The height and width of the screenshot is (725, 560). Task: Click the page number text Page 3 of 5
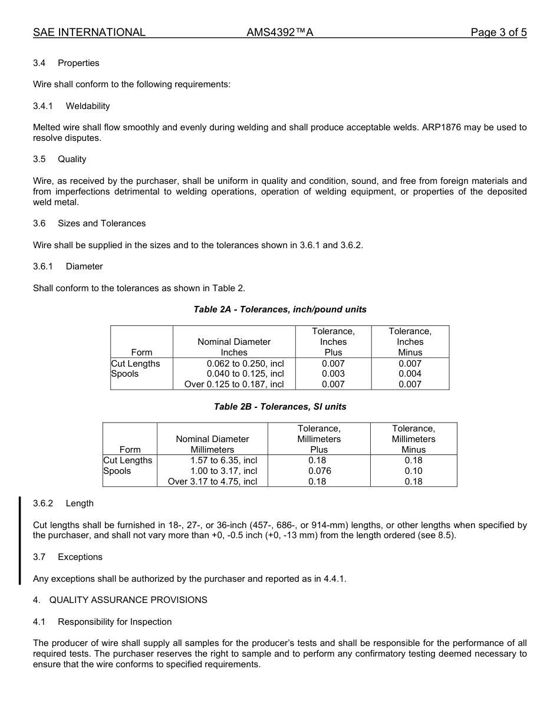pyautogui.click(x=498, y=32)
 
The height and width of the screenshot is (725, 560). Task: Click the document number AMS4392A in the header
pyautogui.click(x=279, y=32)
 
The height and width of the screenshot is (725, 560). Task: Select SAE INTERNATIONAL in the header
pyautogui.click(x=89, y=32)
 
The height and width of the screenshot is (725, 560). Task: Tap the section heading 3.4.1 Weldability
pyautogui.click(x=71, y=106)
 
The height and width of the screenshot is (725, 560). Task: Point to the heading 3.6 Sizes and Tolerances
pyautogui.click(x=89, y=223)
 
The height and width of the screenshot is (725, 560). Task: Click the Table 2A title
pyautogui.click(x=280, y=309)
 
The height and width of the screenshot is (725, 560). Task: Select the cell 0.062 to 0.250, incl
pyautogui.click(x=245, y=364)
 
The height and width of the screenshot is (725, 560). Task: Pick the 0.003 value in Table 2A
pyautogui.click(x=333, y=374)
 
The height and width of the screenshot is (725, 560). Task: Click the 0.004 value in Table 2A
pyautogui.click(x=410, y=374)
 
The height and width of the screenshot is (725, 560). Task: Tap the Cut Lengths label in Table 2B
pyautogui.click(x=128, y=460)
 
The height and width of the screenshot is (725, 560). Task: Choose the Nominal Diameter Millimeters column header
pyautogui.click(x=212, y=444)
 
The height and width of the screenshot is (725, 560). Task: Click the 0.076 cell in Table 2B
pyautogui.click(x=319, y=471)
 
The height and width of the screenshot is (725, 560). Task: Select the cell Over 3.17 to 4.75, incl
pyautogui.click(x=213, y=482)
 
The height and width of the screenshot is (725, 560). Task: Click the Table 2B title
pyautogui.click(x=280, y=407)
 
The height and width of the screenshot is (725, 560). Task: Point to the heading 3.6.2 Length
pyautogui.click(x=63, y=503)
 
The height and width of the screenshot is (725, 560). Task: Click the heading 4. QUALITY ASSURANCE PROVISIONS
pyautogui.click(x=120, y=600)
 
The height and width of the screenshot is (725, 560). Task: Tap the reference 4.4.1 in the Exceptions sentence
pyautogui.click(x=334, y=579)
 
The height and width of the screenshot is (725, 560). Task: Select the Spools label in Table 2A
pyautogui.click(x=125, y=374)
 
